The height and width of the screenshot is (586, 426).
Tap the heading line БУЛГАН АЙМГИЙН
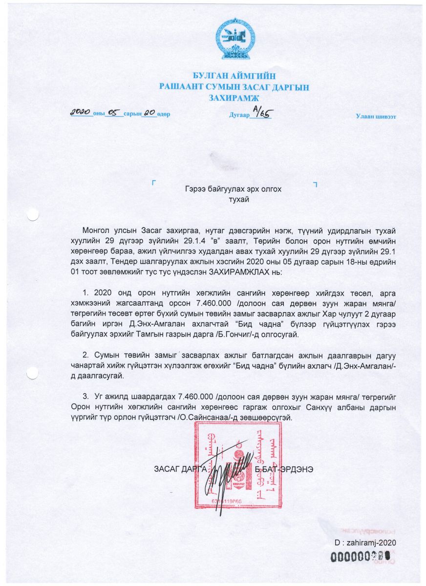(x=234, y=76)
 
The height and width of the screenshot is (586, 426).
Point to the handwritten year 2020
(x=82, y=112)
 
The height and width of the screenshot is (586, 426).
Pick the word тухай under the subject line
(x=234, y=199)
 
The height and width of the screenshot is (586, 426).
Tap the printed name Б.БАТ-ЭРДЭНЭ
(x=284, y=469)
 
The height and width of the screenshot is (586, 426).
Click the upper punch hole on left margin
(x=33, y=214)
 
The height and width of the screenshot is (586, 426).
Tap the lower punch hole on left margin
(x=33, y=372)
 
